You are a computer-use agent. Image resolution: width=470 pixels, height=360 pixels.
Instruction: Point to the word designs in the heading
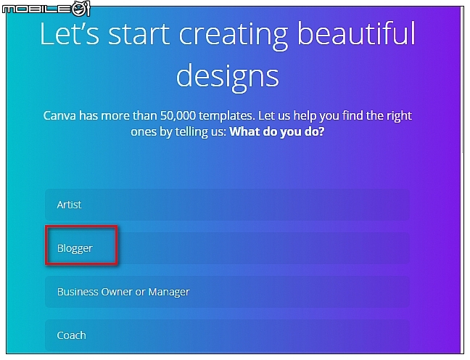click(x=227, y=74)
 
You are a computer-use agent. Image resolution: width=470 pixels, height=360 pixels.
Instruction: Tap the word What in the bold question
click(x=245, y=133)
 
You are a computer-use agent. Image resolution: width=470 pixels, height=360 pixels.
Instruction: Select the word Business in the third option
click(x=78, y=292)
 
